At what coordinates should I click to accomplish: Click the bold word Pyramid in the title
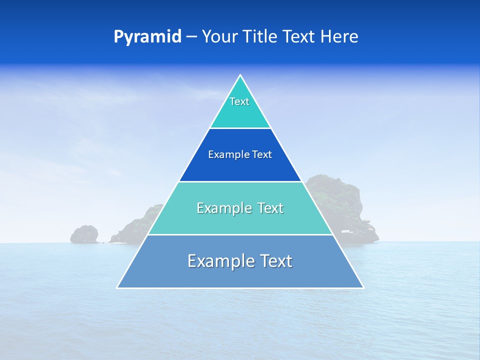pos(147,37)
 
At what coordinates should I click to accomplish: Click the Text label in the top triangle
pos(239,101)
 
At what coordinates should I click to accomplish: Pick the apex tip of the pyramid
pos(240,76)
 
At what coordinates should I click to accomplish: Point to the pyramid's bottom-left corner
pos(118,287)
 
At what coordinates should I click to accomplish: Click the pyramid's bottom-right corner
pos(362,287)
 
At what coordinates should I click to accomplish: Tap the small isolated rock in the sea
pos(84,234)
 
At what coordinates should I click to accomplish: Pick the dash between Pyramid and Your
pos(191,37)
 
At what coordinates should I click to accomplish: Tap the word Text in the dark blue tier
pos(262,154)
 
